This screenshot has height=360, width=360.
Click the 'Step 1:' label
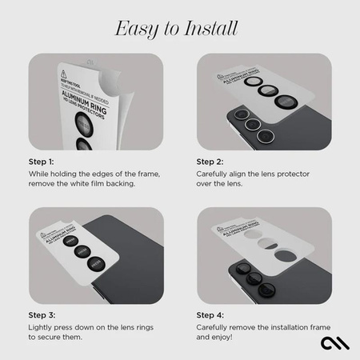tap(42, 161)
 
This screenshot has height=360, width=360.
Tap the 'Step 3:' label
tap(42, 315)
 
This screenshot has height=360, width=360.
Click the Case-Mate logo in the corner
tap(334, 342)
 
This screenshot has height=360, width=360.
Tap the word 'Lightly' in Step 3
tap(42, 327)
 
